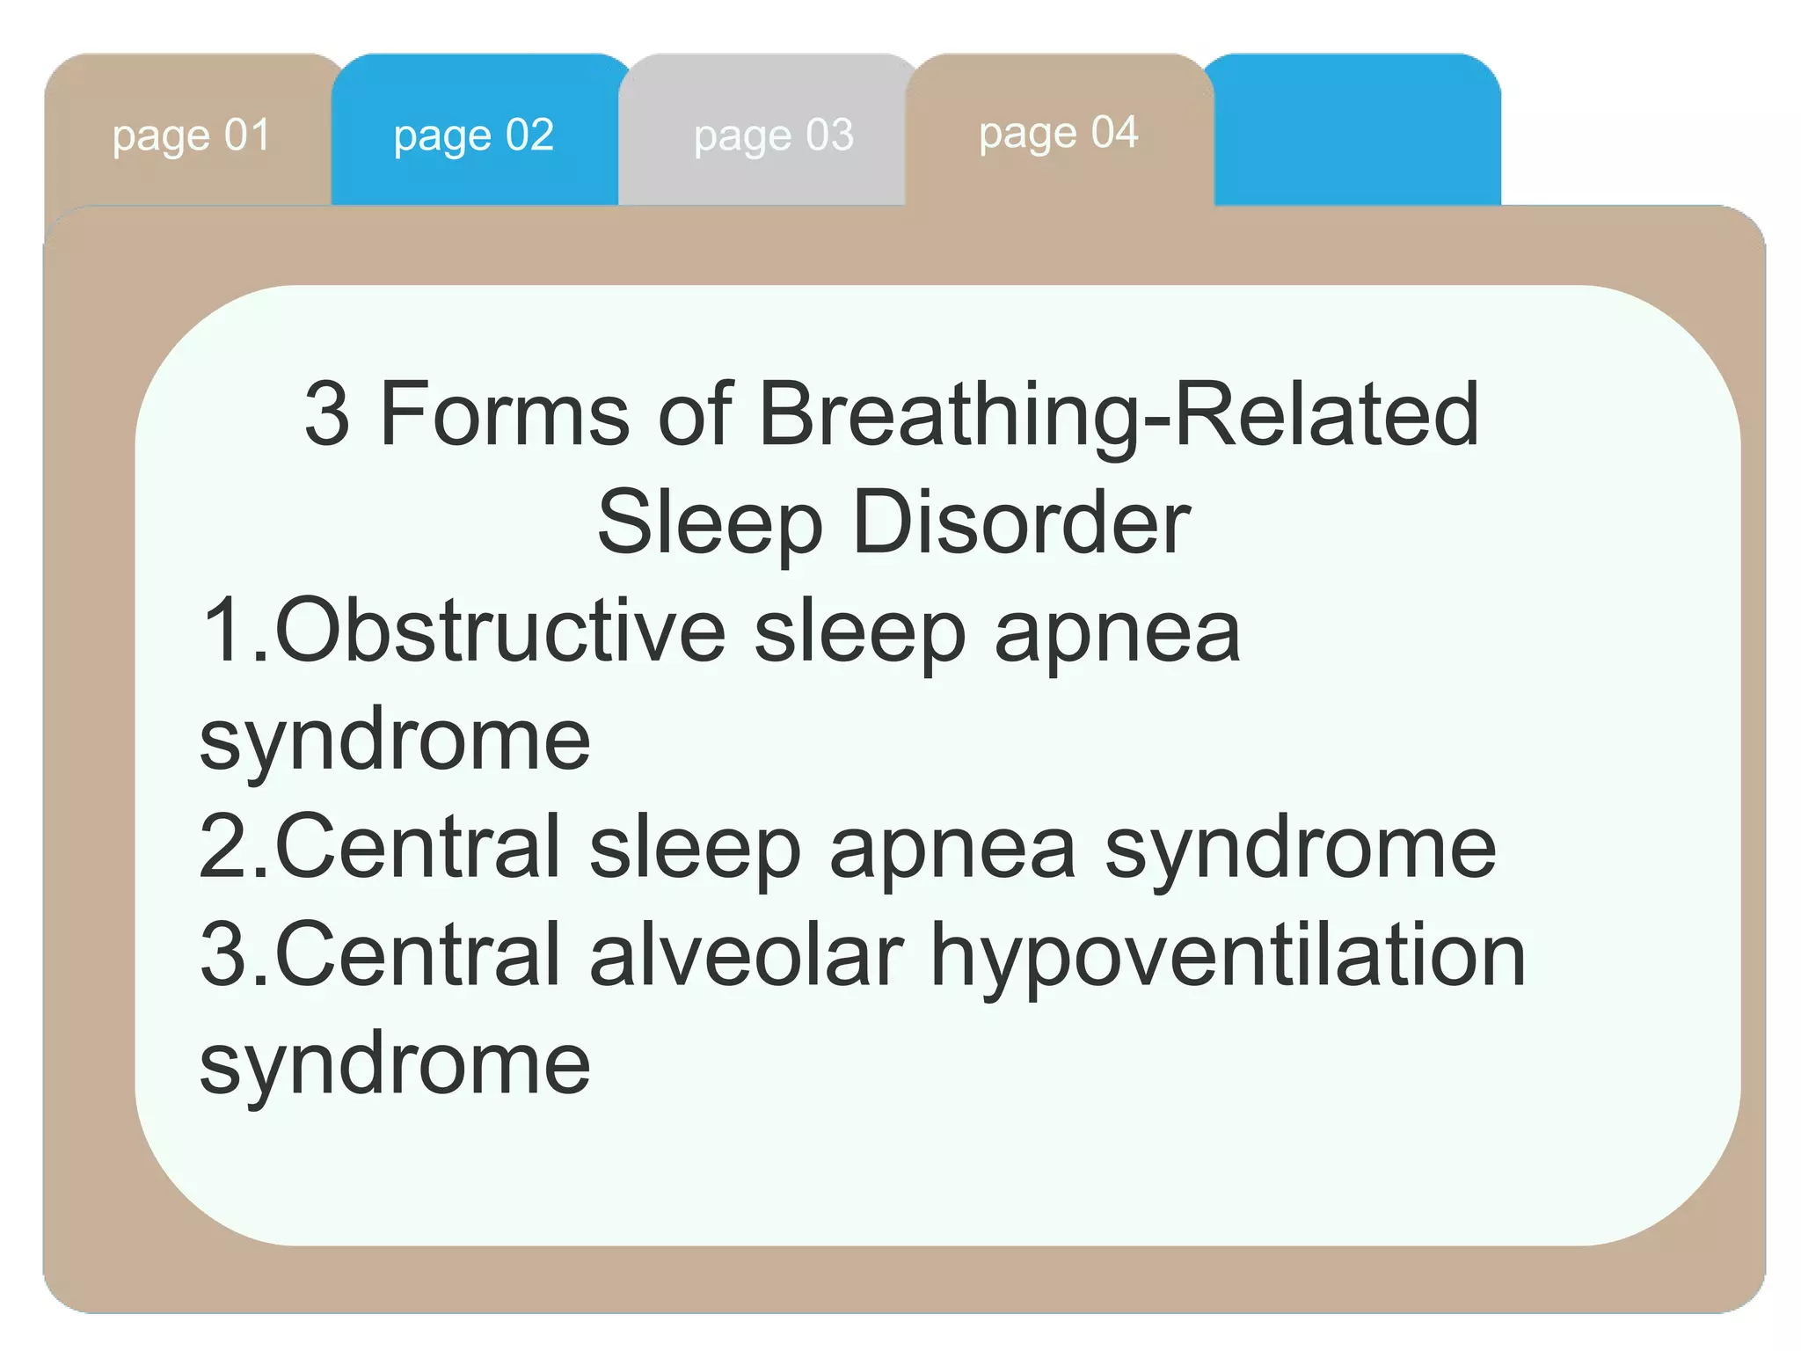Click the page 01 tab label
tap(191, 136)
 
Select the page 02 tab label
tap(473, 136)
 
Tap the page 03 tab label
tap(773, 136)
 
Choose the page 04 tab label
tap(1058, 134)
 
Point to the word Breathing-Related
tap(1118, 415)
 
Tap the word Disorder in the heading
tap(1021, 522)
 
